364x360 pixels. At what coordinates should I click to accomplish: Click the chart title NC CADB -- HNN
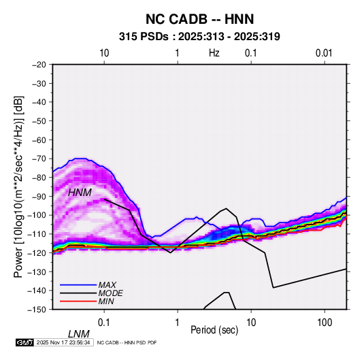coord(199,19)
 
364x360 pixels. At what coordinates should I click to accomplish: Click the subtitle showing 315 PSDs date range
coord(199,37)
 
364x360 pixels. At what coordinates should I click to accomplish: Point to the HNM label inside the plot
coord(80,193)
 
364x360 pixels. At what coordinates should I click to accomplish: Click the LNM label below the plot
coord(78,334)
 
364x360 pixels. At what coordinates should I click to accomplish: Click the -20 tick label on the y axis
coord(39,65)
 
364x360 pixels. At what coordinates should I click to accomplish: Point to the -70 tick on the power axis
coord(39,159)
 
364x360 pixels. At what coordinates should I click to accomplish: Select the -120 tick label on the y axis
coord(37,252)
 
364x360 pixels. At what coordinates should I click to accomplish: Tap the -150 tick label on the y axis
coord(37,310)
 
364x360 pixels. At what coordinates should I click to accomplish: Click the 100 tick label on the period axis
coord(325,323)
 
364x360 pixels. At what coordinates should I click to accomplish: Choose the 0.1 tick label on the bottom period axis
coord(104,323)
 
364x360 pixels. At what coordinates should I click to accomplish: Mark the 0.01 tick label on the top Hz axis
coord(324,53)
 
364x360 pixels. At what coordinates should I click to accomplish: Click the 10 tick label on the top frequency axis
coord(104,53)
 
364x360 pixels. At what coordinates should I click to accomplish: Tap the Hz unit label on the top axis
coord(214,53)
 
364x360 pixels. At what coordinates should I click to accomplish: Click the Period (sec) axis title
coord(214,330)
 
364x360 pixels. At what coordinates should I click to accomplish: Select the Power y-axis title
coord(19,186)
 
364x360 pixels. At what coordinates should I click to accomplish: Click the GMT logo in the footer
coord(24,342)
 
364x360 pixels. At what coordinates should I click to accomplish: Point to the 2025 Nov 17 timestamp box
coord(63,342)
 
